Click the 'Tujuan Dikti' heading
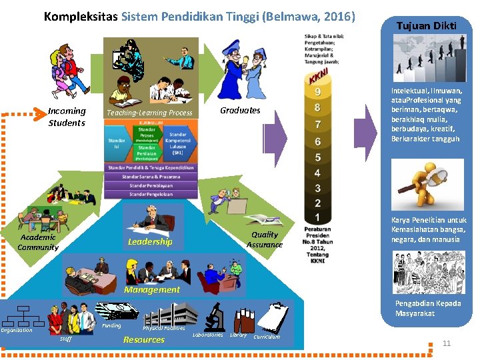point(426,26)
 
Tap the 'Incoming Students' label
point(67,117)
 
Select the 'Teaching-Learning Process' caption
point(150,113)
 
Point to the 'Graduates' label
point(240,110)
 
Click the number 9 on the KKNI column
point(318,91)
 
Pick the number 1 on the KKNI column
point(318,217)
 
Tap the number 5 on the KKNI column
point(318,157)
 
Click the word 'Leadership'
point(150,241)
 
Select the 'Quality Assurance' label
point(264,239)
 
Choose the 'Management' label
point(151,289)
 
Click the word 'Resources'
point(143,339)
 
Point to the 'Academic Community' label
point(38,242)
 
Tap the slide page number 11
point(447,343)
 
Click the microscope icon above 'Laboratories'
point(215,315)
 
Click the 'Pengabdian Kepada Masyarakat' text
point(426,309)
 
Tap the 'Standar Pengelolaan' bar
point(151,194)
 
